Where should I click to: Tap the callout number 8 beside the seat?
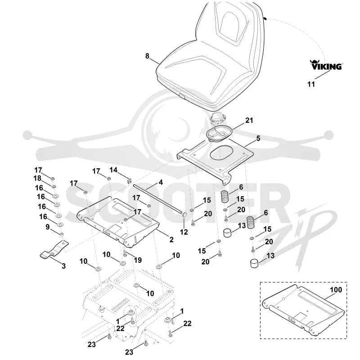147,56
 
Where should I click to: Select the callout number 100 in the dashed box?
336,290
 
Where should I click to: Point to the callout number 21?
249,120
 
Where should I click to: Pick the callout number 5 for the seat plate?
258,139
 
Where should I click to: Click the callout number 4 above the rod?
161,182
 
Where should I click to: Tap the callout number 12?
184,232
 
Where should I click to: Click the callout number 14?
113,170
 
